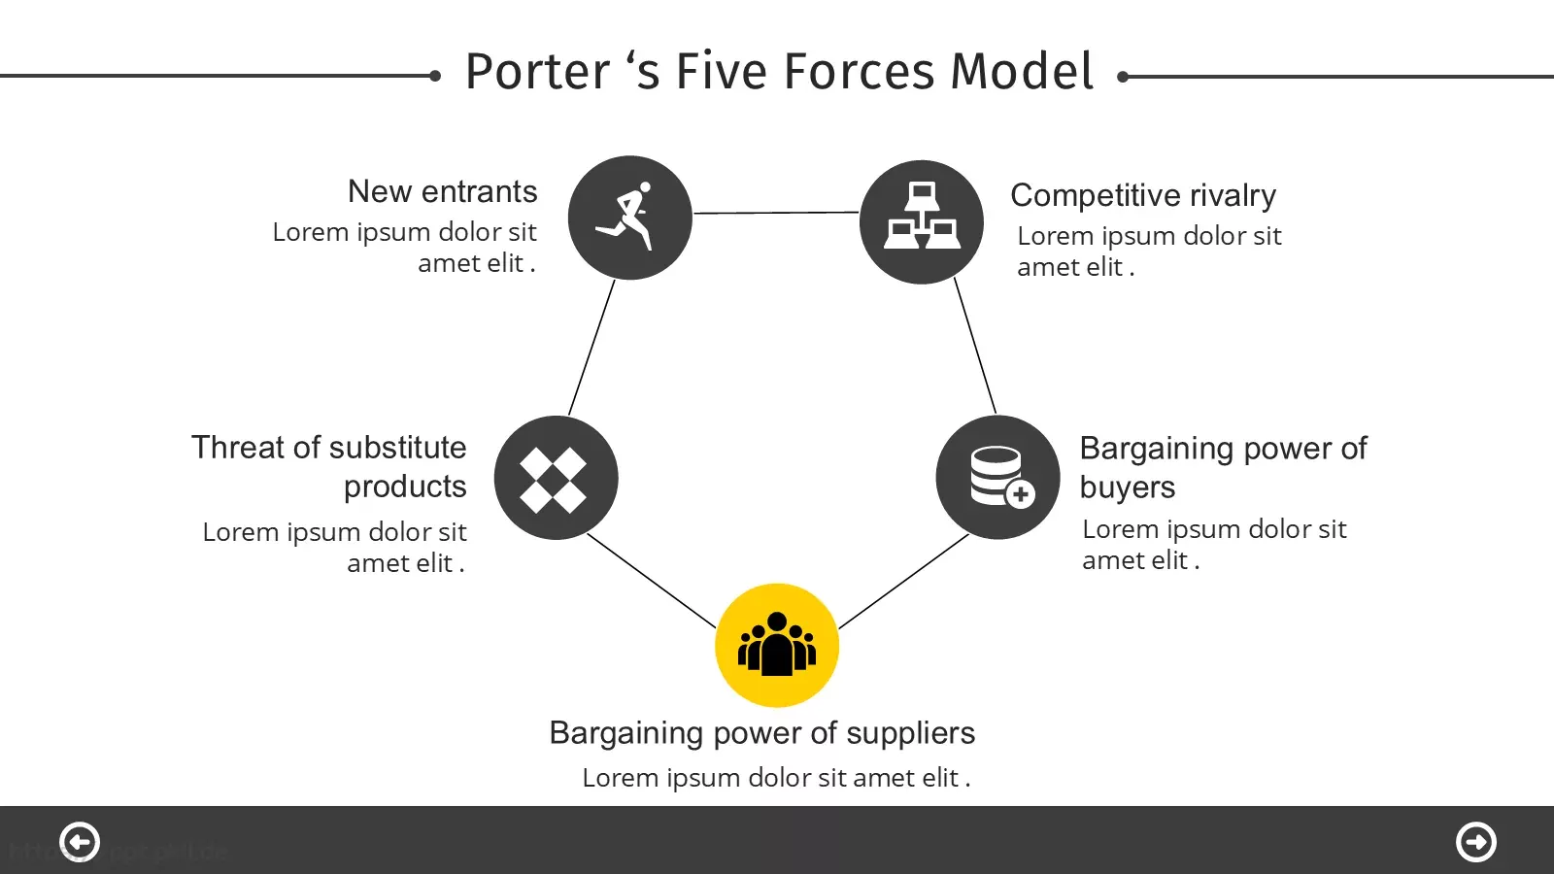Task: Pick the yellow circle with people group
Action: tap(777, 645)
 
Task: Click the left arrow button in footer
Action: tap(79, 842)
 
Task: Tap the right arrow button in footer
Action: tap(1475, 842)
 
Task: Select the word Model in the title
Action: tap(1021, 72)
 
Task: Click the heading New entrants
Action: tap(443, 191)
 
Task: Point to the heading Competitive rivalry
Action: tap(1142, 195)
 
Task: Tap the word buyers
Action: tap(1128, 487)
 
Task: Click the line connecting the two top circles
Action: tap(776, 213)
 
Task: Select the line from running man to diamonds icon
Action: tap(591, 348)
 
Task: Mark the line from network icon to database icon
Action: tap(975, 346)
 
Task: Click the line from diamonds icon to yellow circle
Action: tap(652, 581)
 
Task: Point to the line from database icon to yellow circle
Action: tap(904, 582)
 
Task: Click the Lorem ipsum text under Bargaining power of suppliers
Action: tap(776, 778)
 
